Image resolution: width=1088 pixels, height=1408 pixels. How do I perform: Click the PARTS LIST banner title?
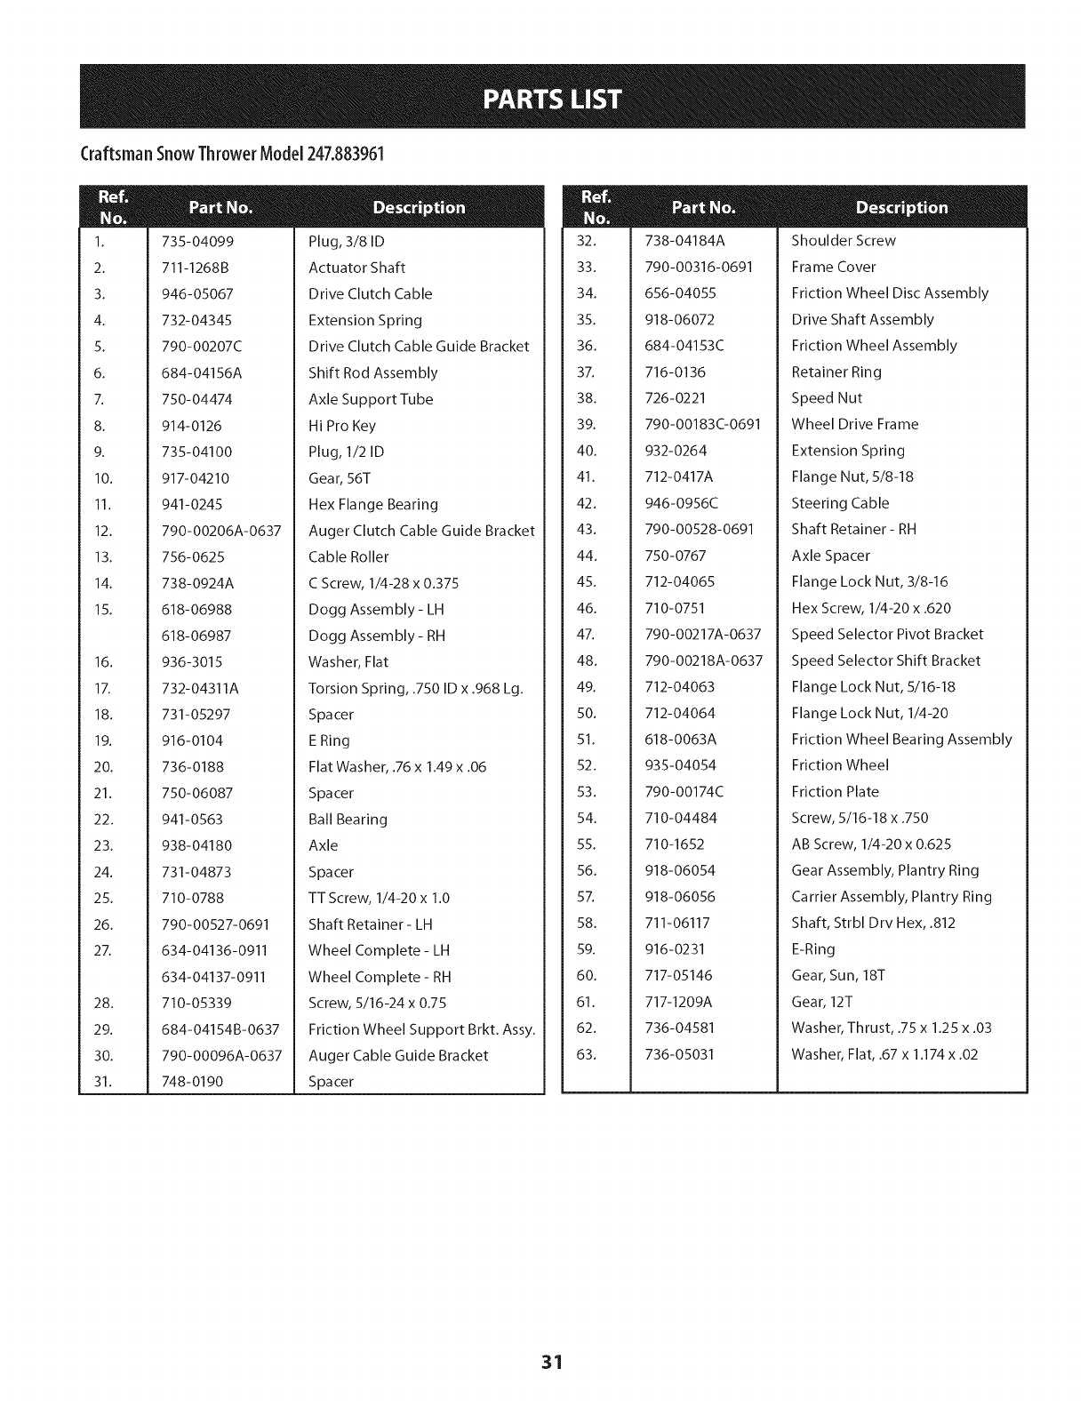point(552,98)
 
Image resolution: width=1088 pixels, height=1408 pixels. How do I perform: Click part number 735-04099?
point(197,242)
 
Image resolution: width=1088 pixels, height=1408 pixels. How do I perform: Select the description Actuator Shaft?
point(356,268)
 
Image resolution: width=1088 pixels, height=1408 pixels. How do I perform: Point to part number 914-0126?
point(192,426)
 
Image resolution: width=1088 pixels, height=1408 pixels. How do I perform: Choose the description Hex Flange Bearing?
point(373,505)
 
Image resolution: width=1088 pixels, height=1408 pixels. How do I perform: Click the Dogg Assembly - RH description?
point(377,636)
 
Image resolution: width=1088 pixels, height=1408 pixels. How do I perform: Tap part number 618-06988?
point(197,610)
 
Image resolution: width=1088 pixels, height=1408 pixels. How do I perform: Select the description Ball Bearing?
point(348,820)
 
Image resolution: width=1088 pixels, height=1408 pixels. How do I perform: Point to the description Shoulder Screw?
point(844,241)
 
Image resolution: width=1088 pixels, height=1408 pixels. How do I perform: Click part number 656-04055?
point(680,293)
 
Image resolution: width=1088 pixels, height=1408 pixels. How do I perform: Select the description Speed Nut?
point(827,398)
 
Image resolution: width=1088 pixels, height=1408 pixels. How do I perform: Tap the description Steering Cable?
point(840,503)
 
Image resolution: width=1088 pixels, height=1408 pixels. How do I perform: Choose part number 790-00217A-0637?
point(702,635)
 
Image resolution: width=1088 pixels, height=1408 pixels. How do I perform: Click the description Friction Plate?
point(835,792)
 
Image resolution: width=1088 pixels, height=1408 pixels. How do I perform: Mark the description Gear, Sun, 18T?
point(838,976)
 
